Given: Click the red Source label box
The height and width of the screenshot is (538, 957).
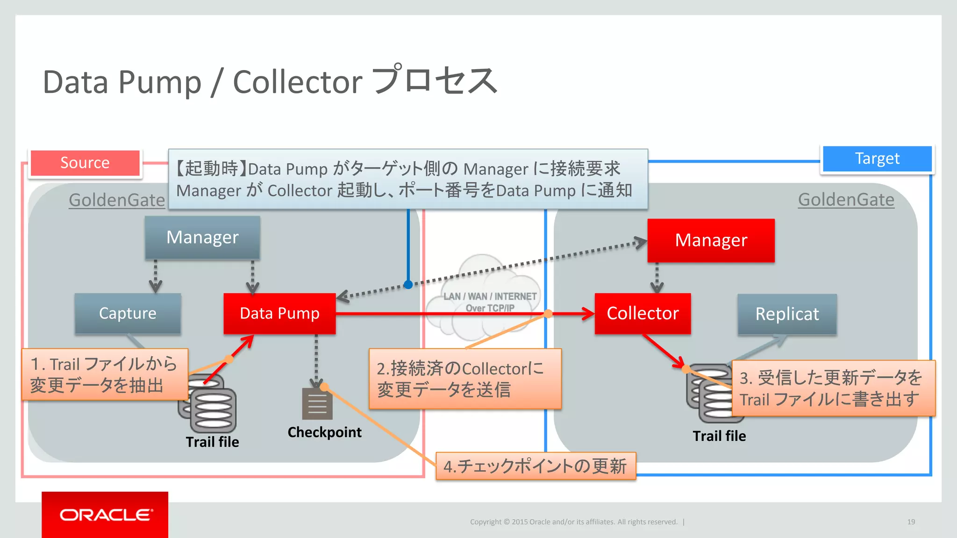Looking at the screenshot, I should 85,163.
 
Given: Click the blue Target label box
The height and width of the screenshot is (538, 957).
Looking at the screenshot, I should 877,159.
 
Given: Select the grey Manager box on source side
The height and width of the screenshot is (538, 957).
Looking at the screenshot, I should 202,237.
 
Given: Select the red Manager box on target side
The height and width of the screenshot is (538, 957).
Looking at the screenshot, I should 711,241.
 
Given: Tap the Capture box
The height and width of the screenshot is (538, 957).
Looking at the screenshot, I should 128,313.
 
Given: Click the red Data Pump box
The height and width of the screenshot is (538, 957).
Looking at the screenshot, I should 279,313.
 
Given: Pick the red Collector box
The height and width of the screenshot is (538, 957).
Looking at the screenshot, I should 643,313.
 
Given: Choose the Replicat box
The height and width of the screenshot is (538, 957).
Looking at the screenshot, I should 787,314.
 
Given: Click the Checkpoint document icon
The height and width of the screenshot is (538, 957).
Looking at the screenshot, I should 317,404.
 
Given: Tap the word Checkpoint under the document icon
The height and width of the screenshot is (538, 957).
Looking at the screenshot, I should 324,432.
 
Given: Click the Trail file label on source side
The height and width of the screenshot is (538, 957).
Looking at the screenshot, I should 212,442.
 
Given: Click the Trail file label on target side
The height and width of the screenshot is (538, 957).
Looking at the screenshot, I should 719,436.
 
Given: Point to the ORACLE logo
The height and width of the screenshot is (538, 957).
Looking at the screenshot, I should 106,515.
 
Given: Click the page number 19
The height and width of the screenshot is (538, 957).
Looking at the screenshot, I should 911,522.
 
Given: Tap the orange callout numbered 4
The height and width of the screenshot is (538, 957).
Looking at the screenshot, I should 536,466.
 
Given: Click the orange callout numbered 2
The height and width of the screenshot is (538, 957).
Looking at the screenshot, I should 465,379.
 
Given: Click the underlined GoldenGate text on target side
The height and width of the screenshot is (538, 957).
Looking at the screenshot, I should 846,200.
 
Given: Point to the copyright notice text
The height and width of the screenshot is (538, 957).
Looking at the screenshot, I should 573,522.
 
